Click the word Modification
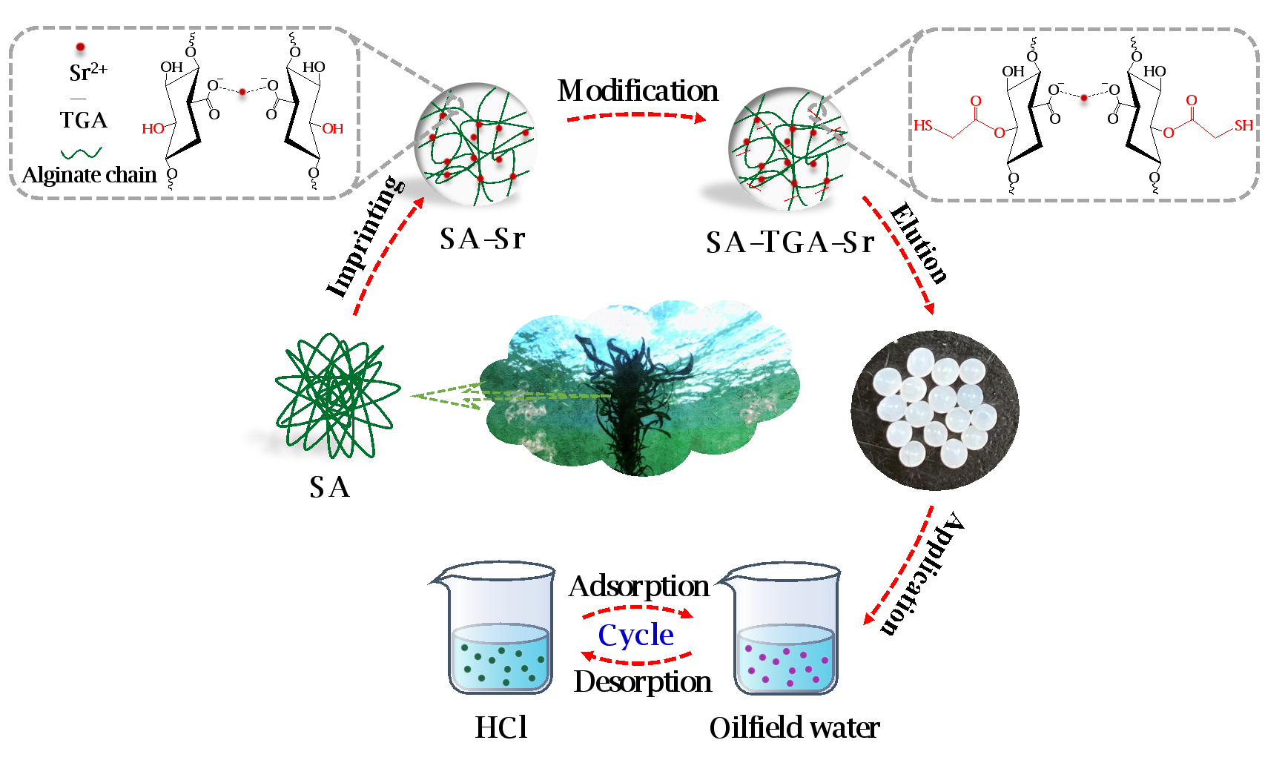pos(638,91)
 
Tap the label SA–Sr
pos(482,239)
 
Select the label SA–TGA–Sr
pos(790,242)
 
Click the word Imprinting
pos(366,237)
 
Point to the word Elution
pos(919,243)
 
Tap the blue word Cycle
pos(635,635)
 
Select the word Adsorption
pos(639,587)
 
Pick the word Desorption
pos(642,682)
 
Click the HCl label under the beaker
pos(501,727)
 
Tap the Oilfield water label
pos(794,728)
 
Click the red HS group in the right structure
pos(923,126)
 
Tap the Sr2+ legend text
pos(88,73)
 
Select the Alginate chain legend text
pos(90,175)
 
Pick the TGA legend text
pos(83,120)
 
